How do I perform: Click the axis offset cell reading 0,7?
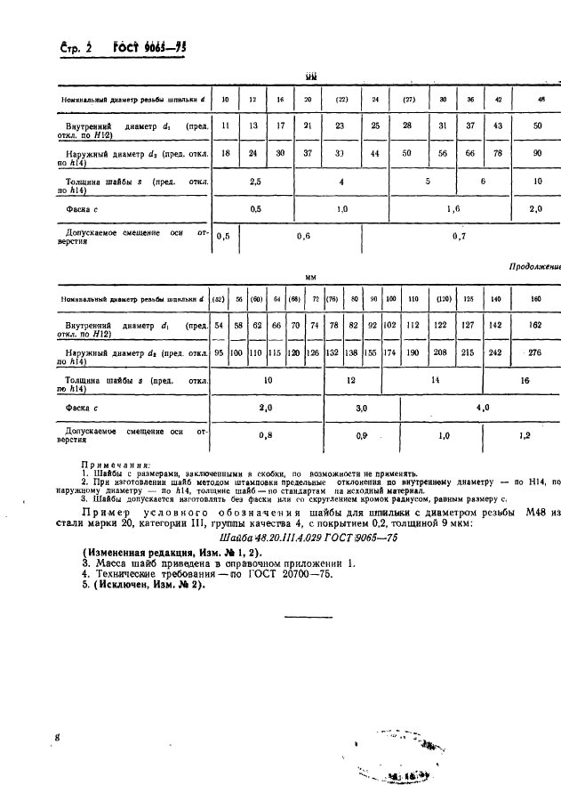coord(460,237)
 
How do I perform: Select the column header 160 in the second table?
coord(534,299)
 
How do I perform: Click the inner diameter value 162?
coord(534,327)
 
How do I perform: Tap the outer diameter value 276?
coord(534,354)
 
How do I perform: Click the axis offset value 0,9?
coord(362,436)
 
